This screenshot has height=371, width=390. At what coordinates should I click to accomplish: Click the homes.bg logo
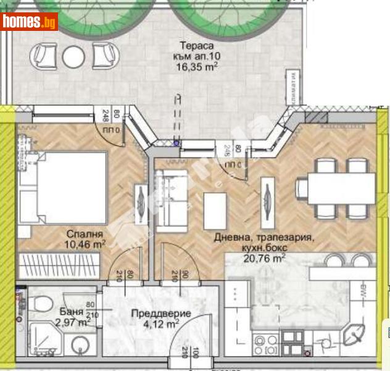click(30, 22)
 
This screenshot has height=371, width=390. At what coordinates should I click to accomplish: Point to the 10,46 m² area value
click(86, 245)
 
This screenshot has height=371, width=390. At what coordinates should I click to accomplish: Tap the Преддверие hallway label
click(161, 313)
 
